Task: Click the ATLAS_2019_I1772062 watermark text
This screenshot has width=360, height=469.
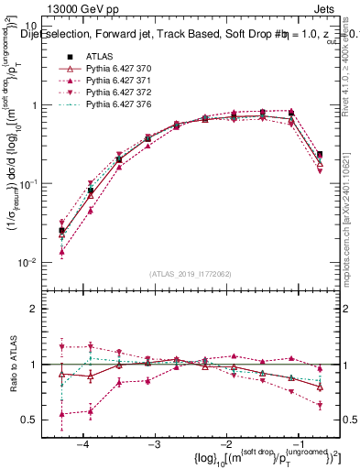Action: tap(190, 274)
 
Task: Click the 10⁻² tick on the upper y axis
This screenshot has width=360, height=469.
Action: tap(33, 262)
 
